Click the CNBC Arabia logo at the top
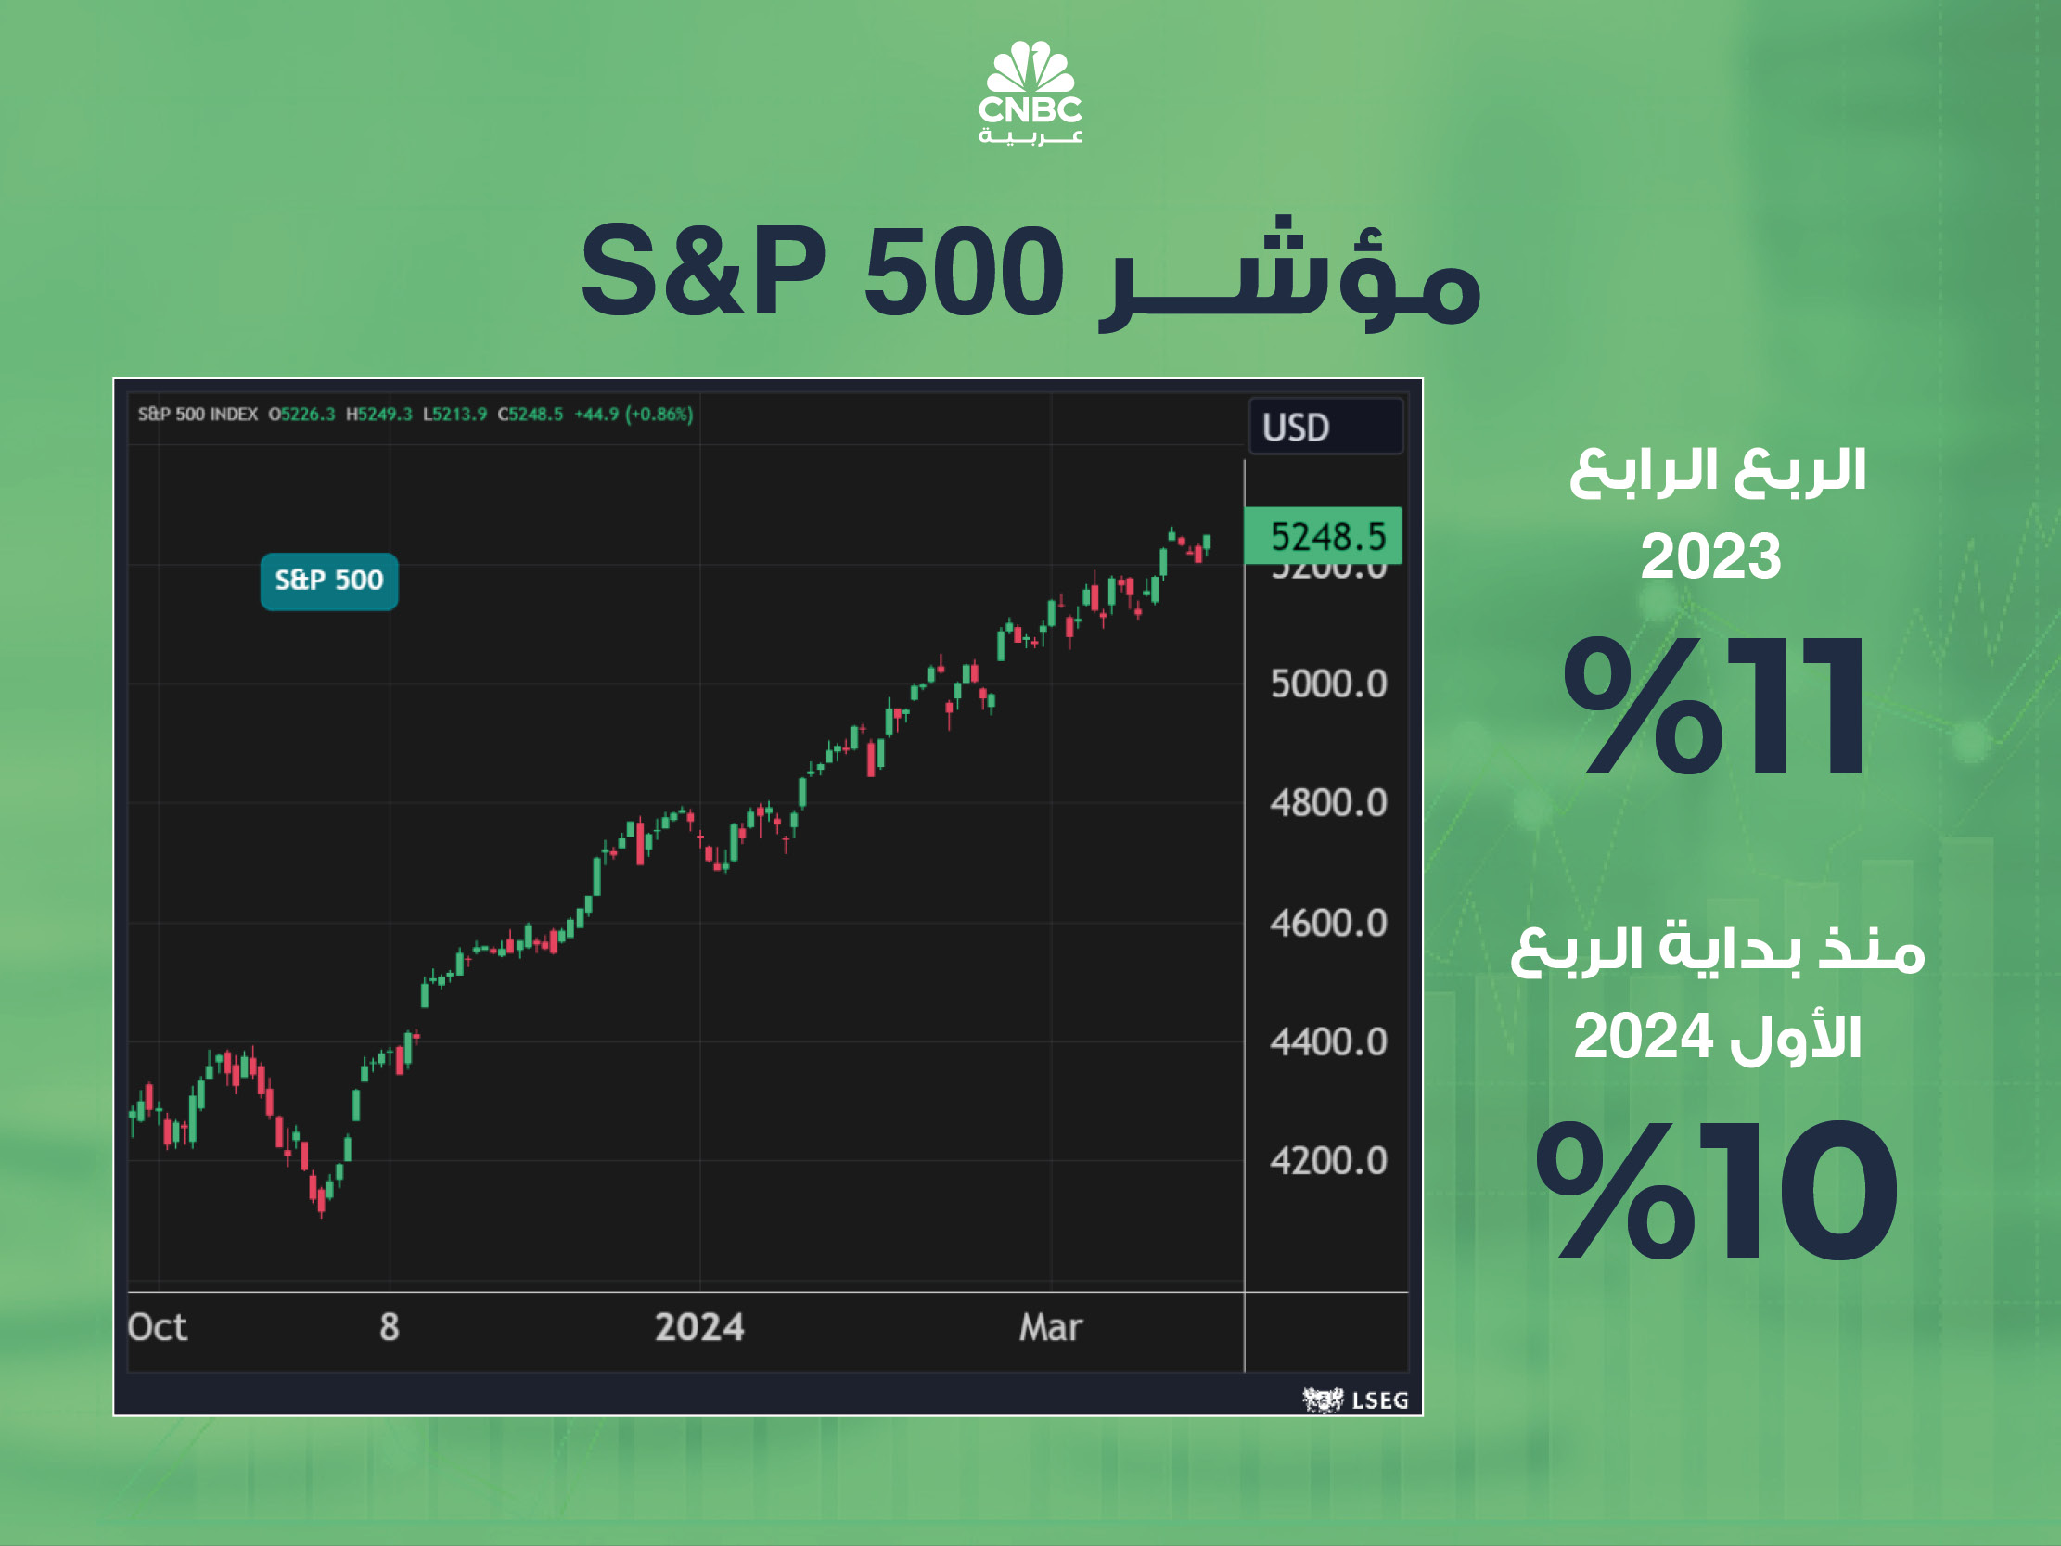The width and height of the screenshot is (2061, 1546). click(1030, 93)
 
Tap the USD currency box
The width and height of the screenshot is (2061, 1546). click(1325, 427)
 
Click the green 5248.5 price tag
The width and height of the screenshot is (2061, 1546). click(1323, 536)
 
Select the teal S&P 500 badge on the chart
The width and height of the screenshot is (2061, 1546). click(329, 581)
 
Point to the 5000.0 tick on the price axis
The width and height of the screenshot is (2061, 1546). click(1327, 684)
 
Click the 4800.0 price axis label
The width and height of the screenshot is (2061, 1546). click(1327, 802)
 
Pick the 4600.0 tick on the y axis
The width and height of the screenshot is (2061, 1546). click(1327, 923)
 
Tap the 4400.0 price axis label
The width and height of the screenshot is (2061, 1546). click(1327, 1041)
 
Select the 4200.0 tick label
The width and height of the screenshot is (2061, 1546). click(1327, 1161)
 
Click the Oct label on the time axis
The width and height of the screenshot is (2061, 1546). click(158, 1327)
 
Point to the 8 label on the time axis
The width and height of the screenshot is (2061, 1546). click(390, 1327)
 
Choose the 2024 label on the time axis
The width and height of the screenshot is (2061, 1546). click(698, 1327)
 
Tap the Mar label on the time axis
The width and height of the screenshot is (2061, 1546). click(1050, 1327)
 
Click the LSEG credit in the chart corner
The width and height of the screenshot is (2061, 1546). click(1357, 1399)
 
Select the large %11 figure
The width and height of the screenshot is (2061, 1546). click(1714, 706)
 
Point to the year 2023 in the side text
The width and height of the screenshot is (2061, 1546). click(1710, 556)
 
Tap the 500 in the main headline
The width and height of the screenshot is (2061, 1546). click(964, 271)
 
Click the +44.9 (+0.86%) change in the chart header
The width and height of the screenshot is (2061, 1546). click(634, 414)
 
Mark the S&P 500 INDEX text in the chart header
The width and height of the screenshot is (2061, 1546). click(198, 414)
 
